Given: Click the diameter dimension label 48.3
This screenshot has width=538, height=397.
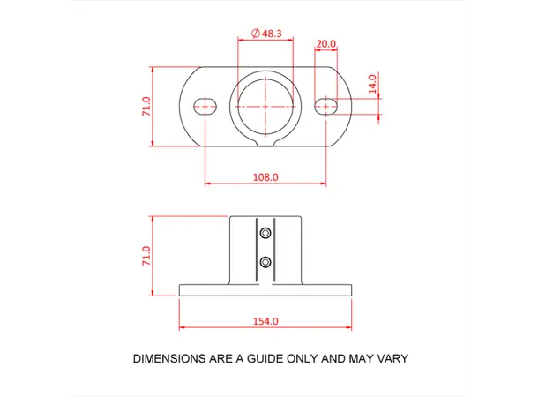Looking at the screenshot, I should pyautogui.click(x=271, y=33).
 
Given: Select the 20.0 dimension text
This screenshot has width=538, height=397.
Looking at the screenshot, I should pyautogui.click(x=325, y=44).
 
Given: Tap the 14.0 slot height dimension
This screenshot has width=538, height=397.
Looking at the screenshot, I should pyautogui.click(x=372, y=84).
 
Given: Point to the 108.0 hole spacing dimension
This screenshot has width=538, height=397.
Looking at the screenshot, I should pyautogui.click(x=265, y=176).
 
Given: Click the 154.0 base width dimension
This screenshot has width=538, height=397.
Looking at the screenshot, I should pyautogui.click(x=265, y=321).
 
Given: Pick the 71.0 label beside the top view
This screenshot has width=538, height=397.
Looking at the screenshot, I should pyautogui.click(x=146, y=106).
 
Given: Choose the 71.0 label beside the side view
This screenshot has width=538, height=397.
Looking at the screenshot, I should pyautogui.click(x=146, y=256).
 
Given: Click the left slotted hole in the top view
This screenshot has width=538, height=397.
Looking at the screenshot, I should pyautogui.click(x=205, y=106).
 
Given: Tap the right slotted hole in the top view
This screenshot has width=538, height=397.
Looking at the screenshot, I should pyautogui.click(x=326, y=106).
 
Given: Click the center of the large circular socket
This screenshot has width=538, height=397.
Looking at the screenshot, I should pyautogui.click(x=265, y=106).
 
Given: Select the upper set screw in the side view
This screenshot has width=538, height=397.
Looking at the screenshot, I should pyautogui.click(x=265, y=234).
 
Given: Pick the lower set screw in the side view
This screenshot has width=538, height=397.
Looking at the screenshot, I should pyautogui.click(x=265, y=262).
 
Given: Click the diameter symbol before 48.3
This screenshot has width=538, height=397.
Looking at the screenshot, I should pyautogui.click(x=255, y=33).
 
